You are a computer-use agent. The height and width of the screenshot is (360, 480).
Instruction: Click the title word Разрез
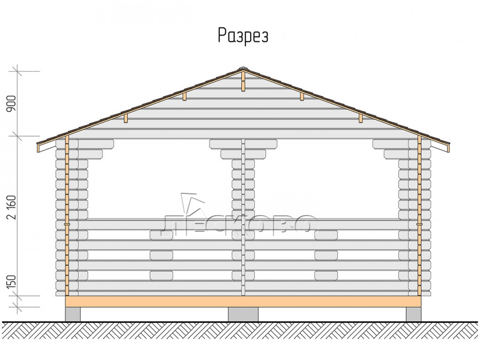point(243,36)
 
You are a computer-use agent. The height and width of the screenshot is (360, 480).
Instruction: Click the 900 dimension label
point(11,104)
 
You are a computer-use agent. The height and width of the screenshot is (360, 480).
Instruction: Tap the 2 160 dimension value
point(11,208)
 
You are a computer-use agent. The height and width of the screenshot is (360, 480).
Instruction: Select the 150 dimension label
point(11,281)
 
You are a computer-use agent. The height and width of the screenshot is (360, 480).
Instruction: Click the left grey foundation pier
point(73,314)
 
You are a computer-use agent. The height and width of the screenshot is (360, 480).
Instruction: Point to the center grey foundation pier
point(243,314)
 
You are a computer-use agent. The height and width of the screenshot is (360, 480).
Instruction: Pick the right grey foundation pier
point(414,314)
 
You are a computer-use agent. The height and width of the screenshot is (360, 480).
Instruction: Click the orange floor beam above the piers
point(243,301)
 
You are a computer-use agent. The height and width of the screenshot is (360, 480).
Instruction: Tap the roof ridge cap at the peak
point(243,68)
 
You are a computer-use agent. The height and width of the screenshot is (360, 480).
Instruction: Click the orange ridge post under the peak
point(243,81)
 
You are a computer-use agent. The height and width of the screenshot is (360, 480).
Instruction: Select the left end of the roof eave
point(38,144)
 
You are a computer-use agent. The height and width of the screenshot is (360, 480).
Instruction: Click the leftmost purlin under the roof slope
point(126,119)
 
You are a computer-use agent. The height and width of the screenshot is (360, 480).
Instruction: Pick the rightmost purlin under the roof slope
point(361,119)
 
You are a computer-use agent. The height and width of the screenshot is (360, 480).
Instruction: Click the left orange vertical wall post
point(67,216)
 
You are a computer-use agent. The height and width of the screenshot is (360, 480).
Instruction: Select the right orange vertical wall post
point(419,216)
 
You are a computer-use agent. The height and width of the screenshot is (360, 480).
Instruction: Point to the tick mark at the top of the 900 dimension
point(17,72)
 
